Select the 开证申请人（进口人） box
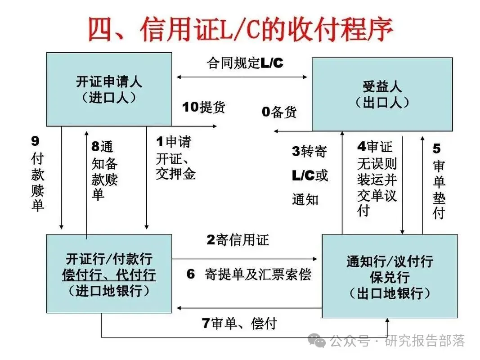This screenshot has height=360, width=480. (x=109, y=89)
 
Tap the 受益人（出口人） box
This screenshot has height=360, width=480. (x=382, y=94)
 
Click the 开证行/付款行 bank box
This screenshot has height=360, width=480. (x=109, y=274)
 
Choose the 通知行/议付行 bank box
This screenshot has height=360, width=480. (x=390, y=276)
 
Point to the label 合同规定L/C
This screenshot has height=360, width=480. (x=245, y=63)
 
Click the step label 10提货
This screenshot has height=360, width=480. (x=203, y=107)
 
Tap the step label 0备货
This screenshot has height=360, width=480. (x=279, y=112)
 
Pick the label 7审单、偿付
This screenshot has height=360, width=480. (x=238, y=323)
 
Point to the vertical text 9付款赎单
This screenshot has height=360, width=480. (x=37, y=173)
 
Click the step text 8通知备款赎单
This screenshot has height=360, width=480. (x=104, y=170)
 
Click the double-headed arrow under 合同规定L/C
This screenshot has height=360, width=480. (x=242, y=77)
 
